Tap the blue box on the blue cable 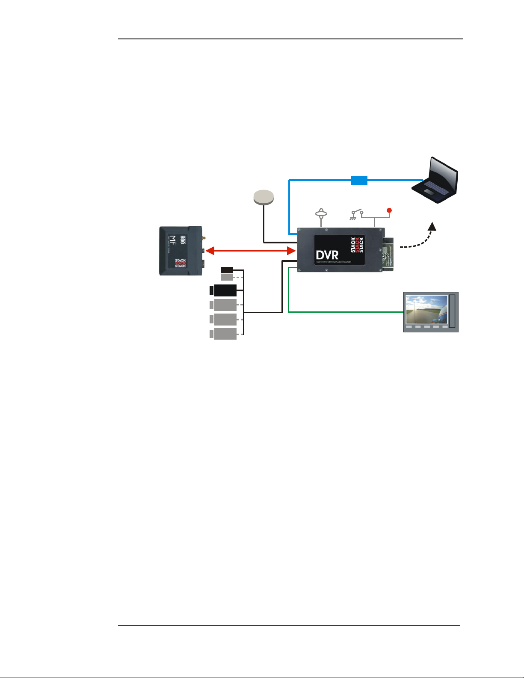point(359,180)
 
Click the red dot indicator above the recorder point(389,210)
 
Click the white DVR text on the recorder point(327,255)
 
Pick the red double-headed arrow point(250,250)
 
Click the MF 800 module point(181,251)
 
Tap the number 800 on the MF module point(183,240)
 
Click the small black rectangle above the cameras point(227,270)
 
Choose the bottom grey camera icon point(225,334)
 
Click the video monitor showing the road point(431,312)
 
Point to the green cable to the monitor point(342,312)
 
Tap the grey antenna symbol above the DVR point(321,213)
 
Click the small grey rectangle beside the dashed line point(227,277)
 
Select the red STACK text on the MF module point(180,263)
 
